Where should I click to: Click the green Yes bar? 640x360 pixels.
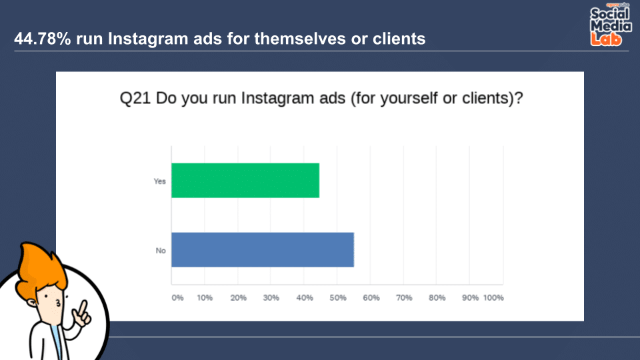(x=245, y=181)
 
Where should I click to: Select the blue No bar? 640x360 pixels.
(x=263, y=250)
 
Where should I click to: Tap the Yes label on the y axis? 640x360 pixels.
(x=159, y=181)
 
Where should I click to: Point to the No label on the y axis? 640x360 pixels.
(x=161, y=251)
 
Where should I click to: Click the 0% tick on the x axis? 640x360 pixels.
(x=177, y=298)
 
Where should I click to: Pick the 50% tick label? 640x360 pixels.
(x=338, y=298)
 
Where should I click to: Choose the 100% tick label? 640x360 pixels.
(x=493, y=298)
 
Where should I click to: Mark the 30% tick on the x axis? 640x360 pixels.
(x=271, y=298)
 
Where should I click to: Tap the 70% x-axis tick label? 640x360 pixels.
(x=404, y=298)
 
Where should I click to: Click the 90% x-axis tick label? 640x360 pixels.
(x=470, y=298)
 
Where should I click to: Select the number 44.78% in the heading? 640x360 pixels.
(x=43, y=39)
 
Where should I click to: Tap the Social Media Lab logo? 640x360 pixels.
(x=611, y=25)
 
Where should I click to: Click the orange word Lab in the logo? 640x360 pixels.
(x=606, y=39)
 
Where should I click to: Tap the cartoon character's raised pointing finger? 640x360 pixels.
(x=83, y=308)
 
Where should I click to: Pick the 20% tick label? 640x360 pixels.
(x=239, y=298)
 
